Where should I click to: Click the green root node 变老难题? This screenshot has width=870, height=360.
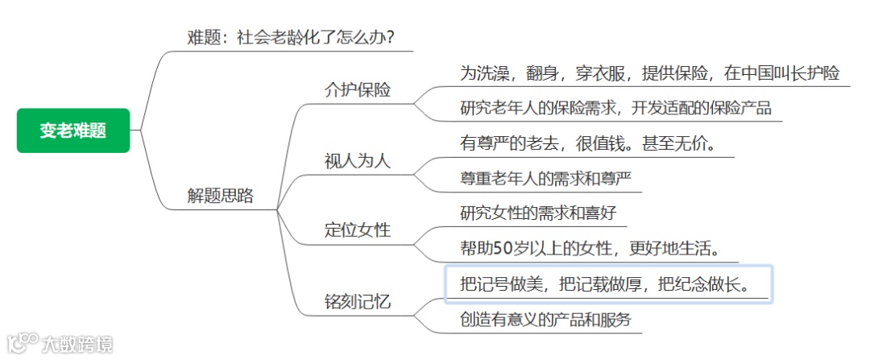(x=73, y=130)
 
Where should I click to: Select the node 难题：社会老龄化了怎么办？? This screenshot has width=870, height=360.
(x=291, y=38)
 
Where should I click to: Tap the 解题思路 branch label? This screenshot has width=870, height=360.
(x=220, y=196)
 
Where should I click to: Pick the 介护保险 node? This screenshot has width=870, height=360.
(x=357, y=89)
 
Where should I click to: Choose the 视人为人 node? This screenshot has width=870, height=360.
(x=357, y=160)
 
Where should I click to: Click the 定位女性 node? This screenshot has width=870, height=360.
(x=357, y=230)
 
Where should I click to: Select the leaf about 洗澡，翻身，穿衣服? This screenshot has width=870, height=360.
(x=649, y=73)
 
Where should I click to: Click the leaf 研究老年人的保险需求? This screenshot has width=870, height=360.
(x=615, y=108)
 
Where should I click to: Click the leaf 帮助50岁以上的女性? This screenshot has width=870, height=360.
(x=588, y=248)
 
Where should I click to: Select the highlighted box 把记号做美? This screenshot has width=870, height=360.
(x=609, y=284)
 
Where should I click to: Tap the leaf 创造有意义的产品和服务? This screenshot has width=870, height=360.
(x=545, y=320)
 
